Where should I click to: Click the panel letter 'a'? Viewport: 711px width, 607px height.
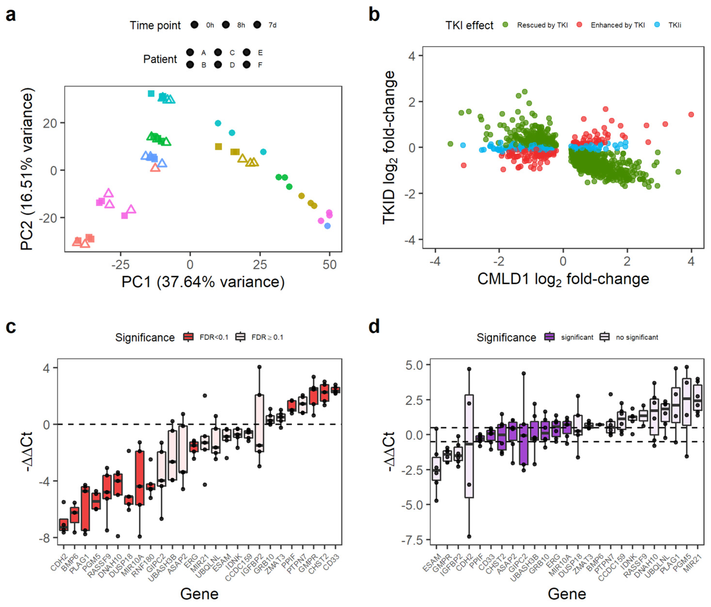pos(11,16)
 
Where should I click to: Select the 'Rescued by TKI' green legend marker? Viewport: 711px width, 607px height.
pos(505,25)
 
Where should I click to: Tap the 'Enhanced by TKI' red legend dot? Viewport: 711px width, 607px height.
pos(579,25)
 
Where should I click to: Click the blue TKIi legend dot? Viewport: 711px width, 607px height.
pos(657,25)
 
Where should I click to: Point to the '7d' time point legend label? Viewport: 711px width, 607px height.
pos(272,25)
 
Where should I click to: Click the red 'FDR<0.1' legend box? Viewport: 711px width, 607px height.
pos(188,337)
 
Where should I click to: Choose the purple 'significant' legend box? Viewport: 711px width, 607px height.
pos(550,337)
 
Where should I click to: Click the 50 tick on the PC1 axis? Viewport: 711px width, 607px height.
pos(329,264)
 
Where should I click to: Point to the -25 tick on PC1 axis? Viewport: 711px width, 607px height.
pos(120,264)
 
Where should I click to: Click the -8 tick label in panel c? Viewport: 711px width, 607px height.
pos(45,538)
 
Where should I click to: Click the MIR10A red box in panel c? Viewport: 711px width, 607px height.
pos(140,478)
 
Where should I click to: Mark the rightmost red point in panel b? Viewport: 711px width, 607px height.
pos(691,114)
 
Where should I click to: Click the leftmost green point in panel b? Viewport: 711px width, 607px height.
pos(450,144)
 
